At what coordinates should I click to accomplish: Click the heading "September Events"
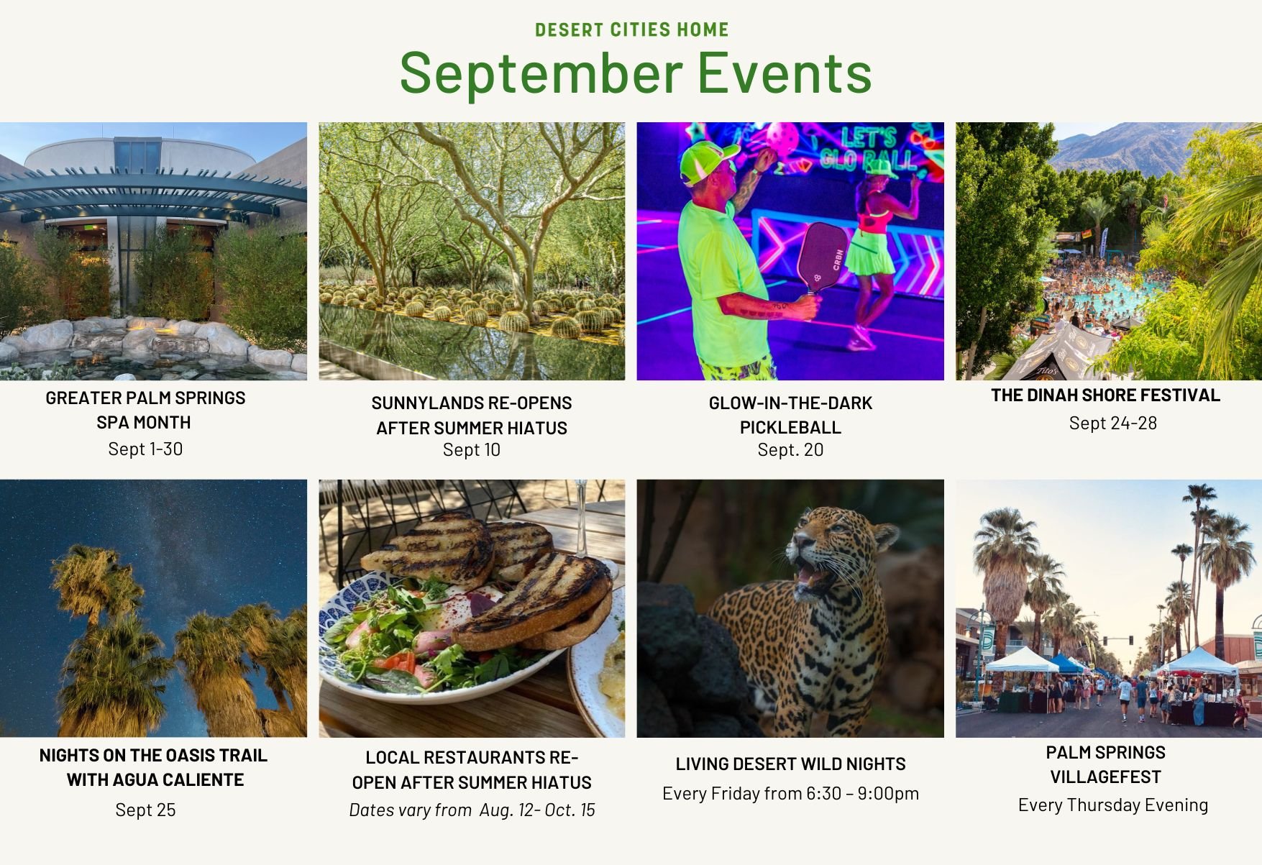pos(636,74)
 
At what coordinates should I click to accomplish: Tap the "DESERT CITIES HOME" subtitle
pos(632,29)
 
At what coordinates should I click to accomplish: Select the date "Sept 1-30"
pos(145,449)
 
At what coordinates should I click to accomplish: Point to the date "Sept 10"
pos(472,450)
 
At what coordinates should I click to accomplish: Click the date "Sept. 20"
pos(790,450)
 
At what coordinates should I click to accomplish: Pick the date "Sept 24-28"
pos(1112,424)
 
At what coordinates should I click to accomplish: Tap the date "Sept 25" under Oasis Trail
pos(145,810)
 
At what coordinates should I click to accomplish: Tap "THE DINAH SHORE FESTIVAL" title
pos(1105,395)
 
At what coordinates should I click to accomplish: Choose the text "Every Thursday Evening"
pos(1112,805)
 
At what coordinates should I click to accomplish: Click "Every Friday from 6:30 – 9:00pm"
pos(790,794)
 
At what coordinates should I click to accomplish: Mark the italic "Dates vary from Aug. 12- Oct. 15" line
pos(472,810)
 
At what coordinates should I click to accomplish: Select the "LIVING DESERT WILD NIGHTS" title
pos(790,764)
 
